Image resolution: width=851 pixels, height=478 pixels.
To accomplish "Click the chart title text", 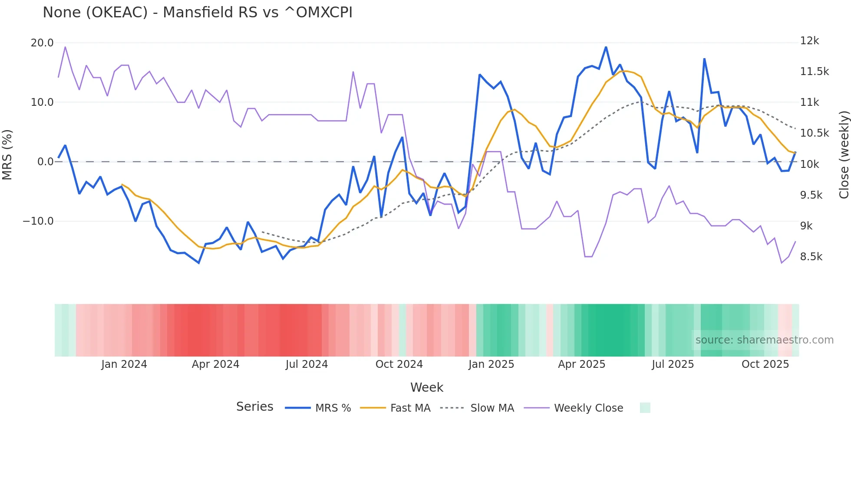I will click(198, 12).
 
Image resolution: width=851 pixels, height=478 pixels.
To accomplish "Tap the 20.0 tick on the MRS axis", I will click(42, 43).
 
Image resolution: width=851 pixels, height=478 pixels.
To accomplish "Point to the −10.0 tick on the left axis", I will click(38, 221).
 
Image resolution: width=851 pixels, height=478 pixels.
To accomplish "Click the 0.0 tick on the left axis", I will click(45, 162).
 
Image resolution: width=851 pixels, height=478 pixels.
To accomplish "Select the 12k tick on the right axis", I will click(809, 41).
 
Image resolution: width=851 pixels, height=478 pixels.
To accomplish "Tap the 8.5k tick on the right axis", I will click(811, 257).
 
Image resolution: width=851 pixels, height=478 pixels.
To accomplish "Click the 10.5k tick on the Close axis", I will click(814, 133).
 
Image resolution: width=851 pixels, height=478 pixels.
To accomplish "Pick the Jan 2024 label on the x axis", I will click(124, 364).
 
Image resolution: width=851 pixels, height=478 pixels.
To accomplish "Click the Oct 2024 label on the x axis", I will click(399, 364).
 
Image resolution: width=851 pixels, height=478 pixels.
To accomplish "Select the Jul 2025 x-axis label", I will click(673, 364).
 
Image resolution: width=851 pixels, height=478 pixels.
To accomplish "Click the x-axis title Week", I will click(427, 387).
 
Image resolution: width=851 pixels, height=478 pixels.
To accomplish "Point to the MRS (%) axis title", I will click(7, 155).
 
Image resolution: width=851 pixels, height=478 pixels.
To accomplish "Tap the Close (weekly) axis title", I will click(844, 155).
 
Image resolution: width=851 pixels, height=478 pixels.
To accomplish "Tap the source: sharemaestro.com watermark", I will click(764, 340).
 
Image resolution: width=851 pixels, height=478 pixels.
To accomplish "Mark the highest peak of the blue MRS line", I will click(606, 47).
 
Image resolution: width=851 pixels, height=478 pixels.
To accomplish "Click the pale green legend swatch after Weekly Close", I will click(645, 408).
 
